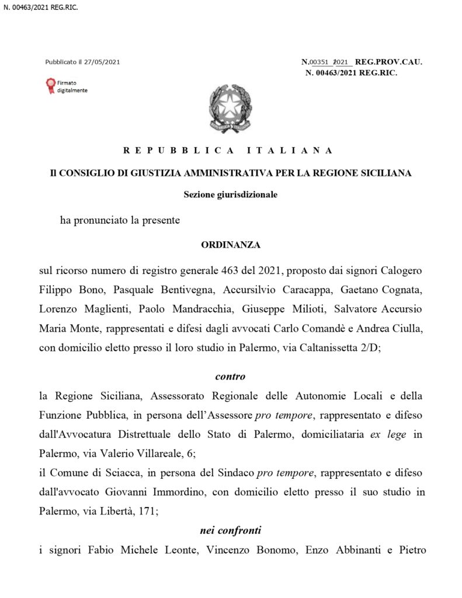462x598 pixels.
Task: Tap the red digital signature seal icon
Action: pyautogui.click(x=50, y=87)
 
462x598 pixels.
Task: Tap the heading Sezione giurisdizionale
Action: pyautogui.click(x=231, y=194)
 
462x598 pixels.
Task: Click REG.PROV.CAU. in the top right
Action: pyautogui.click(x=388, y=61)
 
